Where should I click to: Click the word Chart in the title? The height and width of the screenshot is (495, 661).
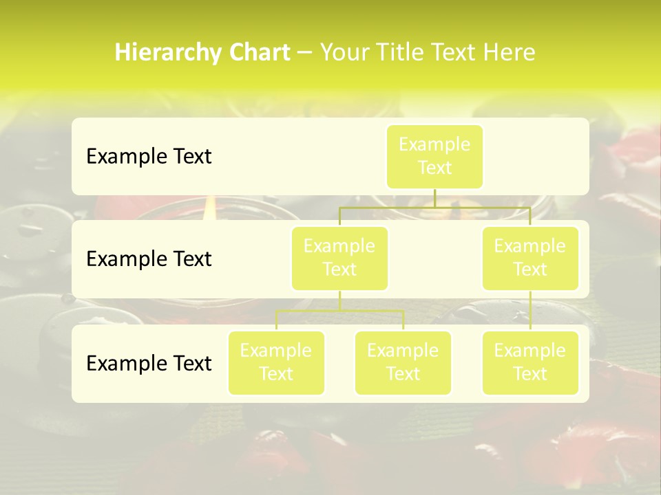coord(258,53)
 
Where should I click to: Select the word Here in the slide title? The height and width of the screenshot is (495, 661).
coord(508,53)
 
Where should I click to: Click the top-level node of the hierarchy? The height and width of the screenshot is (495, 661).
coord(434,157)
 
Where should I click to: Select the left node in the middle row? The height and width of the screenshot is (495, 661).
coord(339,258)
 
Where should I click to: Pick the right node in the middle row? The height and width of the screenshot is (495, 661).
coord(530,258)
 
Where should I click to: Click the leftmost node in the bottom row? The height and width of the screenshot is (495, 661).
coord(276,363)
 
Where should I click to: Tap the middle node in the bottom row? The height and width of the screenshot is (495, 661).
coord(403,363)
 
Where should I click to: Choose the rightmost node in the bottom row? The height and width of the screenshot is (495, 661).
coord(530,363)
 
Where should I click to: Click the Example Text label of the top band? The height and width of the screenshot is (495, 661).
coord(149,157)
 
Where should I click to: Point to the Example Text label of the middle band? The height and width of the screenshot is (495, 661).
coord(149,259)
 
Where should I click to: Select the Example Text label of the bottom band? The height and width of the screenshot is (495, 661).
coord(149,363)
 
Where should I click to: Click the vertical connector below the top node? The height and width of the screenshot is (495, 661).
coord(434,198)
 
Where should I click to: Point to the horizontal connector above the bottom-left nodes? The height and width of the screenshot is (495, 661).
coord(339,311)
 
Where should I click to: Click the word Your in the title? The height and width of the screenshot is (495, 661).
coord(342,53)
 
